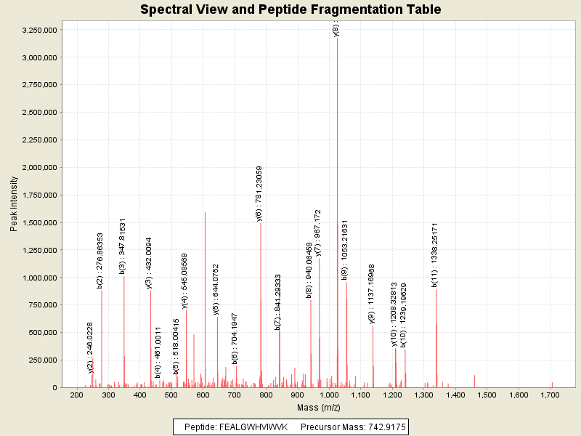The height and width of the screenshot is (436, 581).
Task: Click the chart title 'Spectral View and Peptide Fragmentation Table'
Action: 290,10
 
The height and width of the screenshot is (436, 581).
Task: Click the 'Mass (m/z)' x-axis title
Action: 318,407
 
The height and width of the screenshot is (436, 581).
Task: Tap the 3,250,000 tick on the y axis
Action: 36,30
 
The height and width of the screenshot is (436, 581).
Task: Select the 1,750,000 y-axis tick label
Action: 36,195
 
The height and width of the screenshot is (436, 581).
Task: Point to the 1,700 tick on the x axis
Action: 550,395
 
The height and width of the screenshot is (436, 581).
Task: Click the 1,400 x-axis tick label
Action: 455,395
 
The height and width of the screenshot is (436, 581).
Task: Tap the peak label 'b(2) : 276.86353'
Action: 100,260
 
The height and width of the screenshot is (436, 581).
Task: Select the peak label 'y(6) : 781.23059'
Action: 259,193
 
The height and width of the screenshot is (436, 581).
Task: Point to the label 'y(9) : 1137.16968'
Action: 372,294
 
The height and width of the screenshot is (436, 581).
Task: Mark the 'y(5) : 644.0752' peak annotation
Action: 216,289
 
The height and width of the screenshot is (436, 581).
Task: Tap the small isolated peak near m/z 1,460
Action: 475,381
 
